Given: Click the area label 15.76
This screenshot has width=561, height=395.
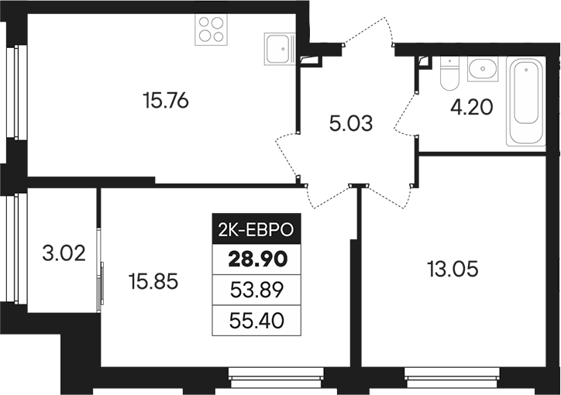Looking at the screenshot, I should pos(167,101).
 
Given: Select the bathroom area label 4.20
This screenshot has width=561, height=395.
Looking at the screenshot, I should pos(472,105).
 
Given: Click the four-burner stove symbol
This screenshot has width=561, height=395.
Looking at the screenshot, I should pos(212,30).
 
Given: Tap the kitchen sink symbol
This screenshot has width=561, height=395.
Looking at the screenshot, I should pos(279,50).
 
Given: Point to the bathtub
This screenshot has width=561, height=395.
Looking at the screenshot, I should pos(527,101).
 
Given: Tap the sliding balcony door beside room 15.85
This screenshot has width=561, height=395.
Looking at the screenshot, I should pos(100,286).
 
